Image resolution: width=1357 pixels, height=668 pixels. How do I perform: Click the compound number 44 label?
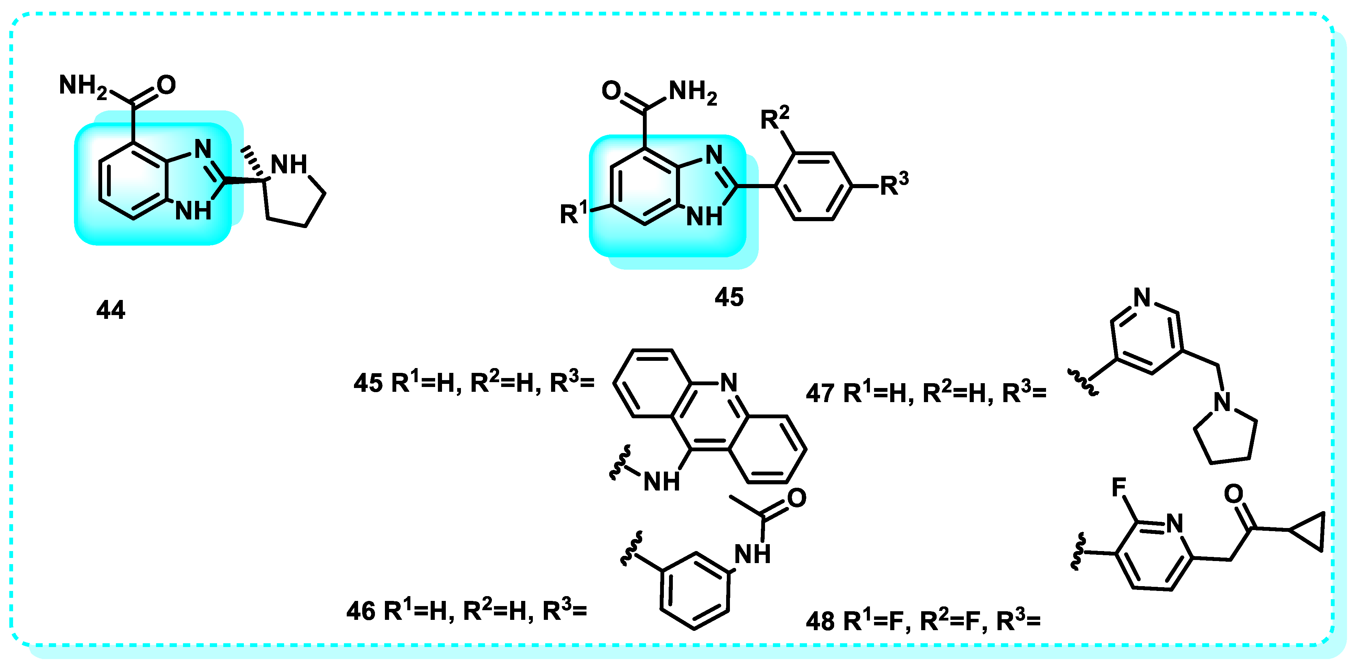111,310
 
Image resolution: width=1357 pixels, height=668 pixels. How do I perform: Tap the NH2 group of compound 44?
82,85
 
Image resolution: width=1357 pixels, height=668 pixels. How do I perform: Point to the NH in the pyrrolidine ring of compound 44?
289,164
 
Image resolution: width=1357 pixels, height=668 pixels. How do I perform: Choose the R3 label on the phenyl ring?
894,183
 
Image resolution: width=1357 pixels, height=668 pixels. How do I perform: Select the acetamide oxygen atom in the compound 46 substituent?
797,498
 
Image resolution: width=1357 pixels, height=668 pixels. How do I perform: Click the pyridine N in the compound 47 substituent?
1142,298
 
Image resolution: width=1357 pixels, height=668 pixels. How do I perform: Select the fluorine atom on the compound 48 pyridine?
1118,487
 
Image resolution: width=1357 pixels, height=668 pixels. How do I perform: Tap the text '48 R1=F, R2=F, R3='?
923,621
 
